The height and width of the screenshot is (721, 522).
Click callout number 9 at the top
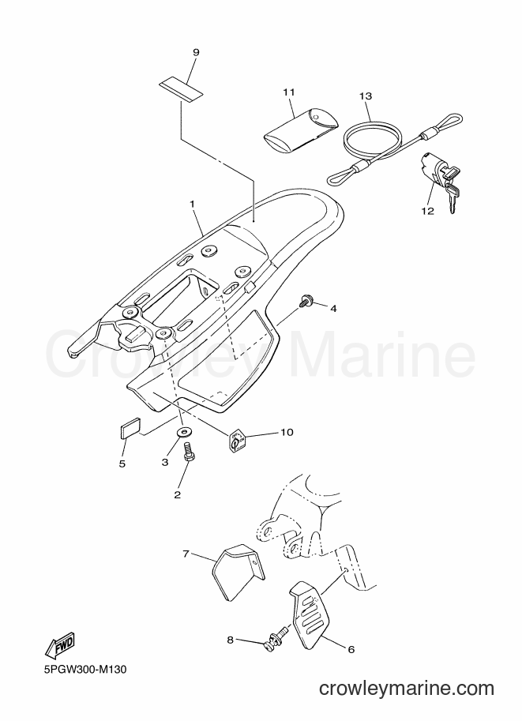tap(196, 52)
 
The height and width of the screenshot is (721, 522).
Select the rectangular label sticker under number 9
tap(181, 90)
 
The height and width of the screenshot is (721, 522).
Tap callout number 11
tap(289, 92)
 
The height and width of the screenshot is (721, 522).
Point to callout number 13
tap(366, 96)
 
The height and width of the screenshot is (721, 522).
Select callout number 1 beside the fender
tap(192, 203)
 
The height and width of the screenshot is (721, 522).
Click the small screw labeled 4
tap(305, 301)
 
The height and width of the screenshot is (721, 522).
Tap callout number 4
tap(333, 309)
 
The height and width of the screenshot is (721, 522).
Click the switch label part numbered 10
tap(238, 441)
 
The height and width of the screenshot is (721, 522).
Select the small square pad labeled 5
tap(130, 427)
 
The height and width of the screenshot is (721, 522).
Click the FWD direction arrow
tap(59, 644)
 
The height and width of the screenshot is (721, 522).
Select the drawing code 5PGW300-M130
tap(85, 669)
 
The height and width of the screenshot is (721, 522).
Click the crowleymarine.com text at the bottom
tap(407, 688)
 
